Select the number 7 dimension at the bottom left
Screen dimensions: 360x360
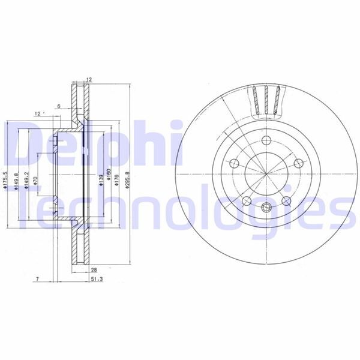[37, 280]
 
